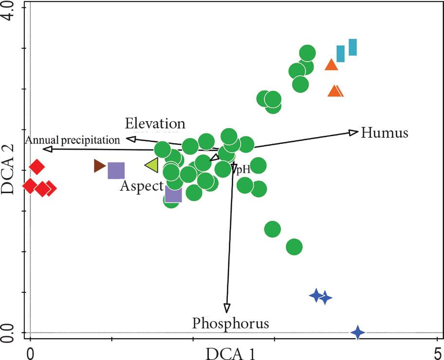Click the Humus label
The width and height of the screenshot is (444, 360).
pyautogui.click(x=384, y=132)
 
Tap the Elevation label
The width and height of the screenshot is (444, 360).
pyautogui.click(x=155, y=123)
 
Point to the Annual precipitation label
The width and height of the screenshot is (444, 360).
pyautogui.click(x=73, y=140)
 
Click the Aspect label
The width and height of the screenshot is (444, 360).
pyautogui.click(x=142, y=186)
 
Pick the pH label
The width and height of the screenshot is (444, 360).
pyautogui.click(x=243, y=170)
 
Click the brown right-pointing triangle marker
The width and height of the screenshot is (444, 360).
pyautogui.click(x=99, y=166)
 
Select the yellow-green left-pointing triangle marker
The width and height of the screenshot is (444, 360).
pyautogui.click(x=151, y=165)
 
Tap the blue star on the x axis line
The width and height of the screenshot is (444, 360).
pyautogui.click(x=358, y=333)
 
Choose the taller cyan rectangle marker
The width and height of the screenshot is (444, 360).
pyautogui.click(x=352, y=47)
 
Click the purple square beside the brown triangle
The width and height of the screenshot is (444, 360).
pyautogui.click(x=116, y=171)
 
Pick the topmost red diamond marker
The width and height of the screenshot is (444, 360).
pyautogui.click(x=37, y=167)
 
